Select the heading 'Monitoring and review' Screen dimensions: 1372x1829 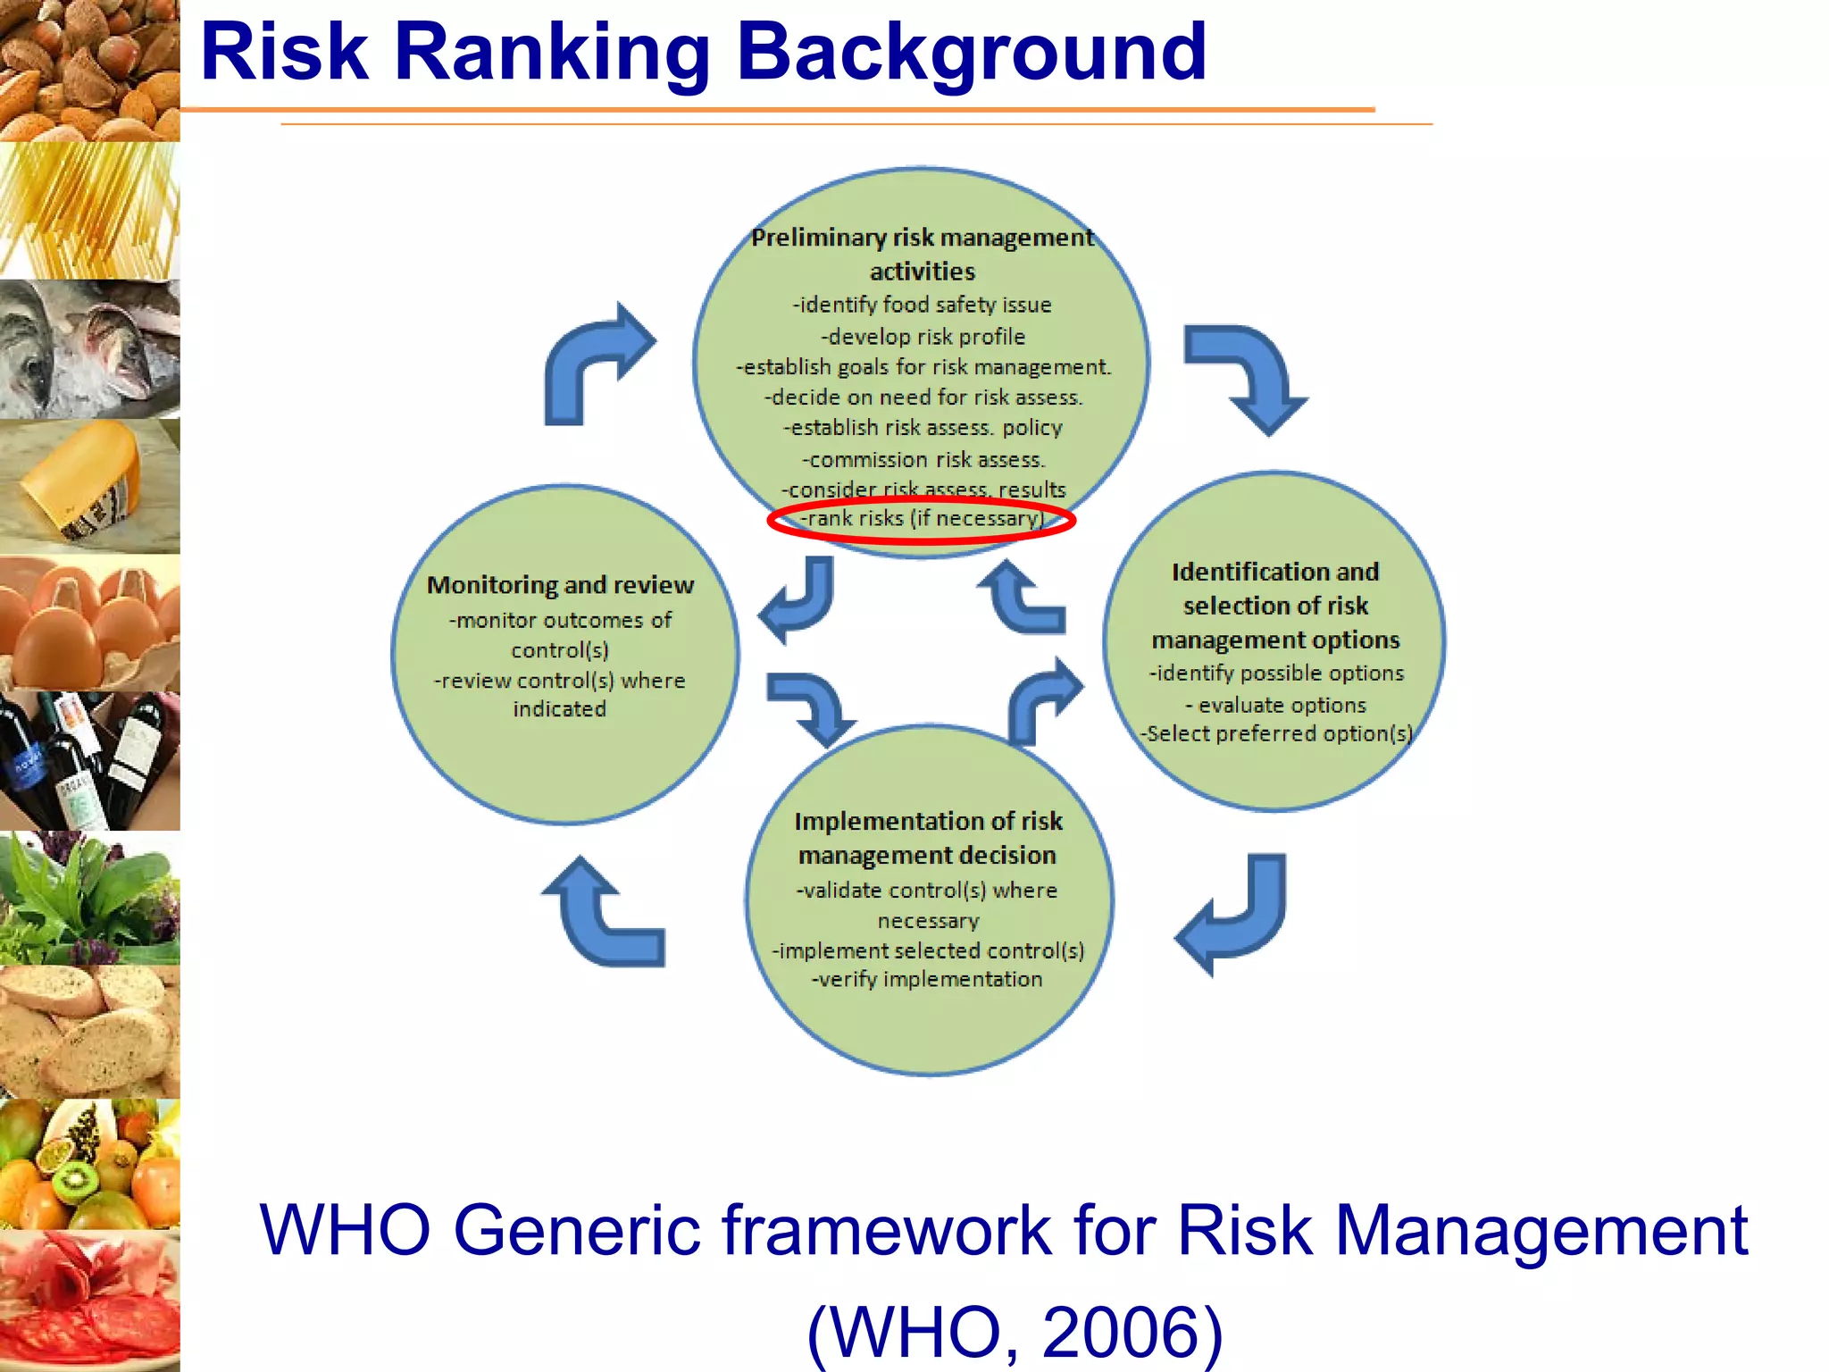point(560,585)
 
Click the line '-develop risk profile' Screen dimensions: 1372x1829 point(923,337)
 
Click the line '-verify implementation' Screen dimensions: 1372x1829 point(927,979)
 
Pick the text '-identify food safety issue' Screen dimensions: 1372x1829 point(923,305)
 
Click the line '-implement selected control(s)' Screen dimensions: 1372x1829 point(928,950)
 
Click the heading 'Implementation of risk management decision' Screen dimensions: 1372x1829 point(928,838)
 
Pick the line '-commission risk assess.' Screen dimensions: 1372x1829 point(923,460)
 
